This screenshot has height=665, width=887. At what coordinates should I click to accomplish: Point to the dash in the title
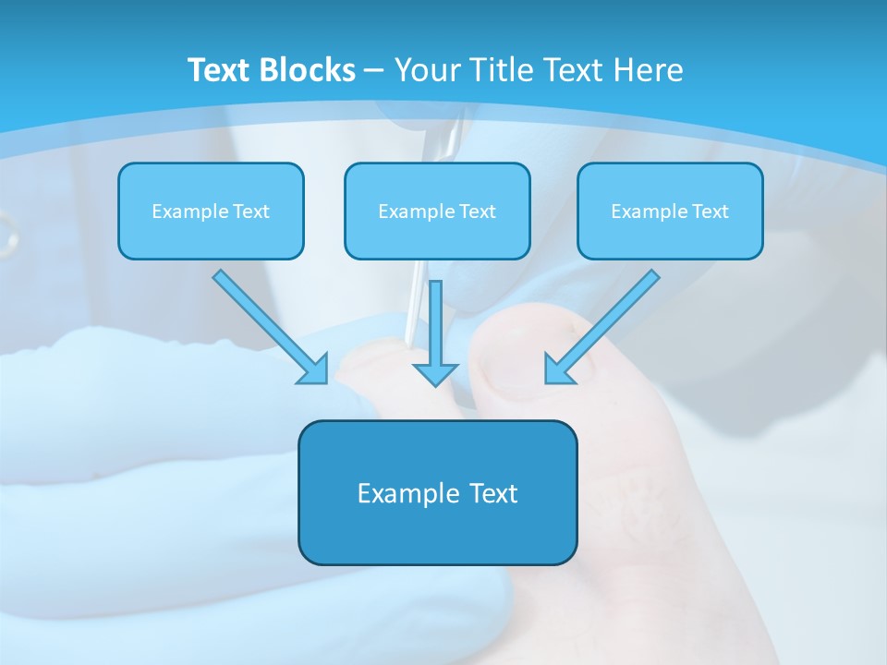(374, 71)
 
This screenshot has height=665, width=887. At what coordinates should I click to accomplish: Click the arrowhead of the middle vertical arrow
(435, 373)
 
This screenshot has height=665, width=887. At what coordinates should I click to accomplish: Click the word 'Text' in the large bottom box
(493, 493)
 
